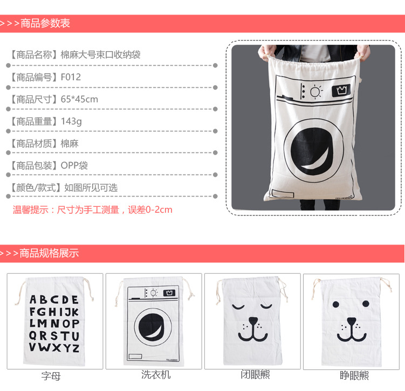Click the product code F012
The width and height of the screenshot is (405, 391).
point(71,77)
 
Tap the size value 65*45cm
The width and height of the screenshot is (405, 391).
point(79,99)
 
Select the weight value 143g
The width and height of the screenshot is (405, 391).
point(71,122)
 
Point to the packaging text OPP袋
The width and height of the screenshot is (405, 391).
point(74,165)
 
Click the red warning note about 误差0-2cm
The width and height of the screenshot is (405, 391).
point(92,210)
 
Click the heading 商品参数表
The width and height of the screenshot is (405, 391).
point(45,23)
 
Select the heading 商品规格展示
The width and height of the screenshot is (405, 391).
point(49,253)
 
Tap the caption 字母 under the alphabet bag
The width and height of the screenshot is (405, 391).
point(51,376)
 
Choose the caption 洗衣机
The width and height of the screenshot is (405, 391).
point(156,374)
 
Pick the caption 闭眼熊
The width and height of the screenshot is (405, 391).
point(255,374)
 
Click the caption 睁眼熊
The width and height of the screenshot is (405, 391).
point(354,375)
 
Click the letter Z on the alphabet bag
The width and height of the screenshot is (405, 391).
point(75,348)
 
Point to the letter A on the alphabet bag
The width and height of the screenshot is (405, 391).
point(33,299)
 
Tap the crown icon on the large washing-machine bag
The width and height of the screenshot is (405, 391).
point(341,90)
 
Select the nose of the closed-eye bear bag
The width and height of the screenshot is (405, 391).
point(253,320)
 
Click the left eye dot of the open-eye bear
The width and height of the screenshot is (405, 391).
point(336,304)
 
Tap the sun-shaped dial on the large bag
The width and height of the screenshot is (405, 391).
point(315,92)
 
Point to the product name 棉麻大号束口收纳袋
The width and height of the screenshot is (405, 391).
point(100,55)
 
